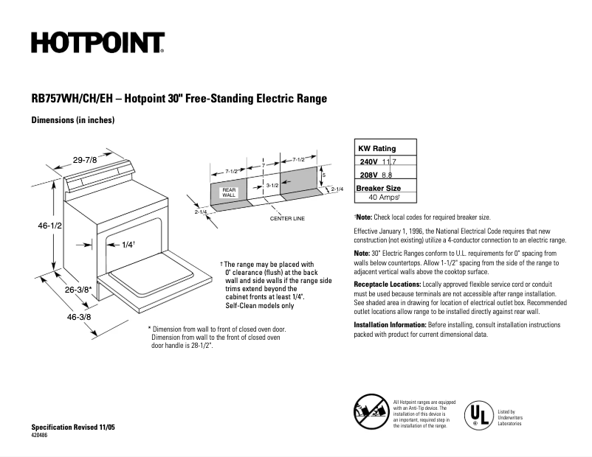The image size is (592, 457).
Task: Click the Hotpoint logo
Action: [x=97, y=43]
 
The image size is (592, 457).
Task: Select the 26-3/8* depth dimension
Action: [x=76, y=290]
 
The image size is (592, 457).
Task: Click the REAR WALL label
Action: [x=229, y=192]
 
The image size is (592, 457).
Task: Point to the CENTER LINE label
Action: [x=288, y=219]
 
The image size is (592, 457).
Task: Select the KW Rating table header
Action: [x=376, y=148]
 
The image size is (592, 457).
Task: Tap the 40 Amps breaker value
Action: [x=384, y=198]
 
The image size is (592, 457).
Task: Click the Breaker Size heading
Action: [x=379, y=188]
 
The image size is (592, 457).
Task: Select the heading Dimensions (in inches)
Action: [x=72, y=119]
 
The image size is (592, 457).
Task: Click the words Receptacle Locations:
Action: [x=388, y=285]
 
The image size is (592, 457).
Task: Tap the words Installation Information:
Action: [x=390, y=325]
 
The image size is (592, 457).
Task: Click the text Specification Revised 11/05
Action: [x=73, y=428]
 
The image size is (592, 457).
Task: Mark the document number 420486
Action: [x=41, y=436]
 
